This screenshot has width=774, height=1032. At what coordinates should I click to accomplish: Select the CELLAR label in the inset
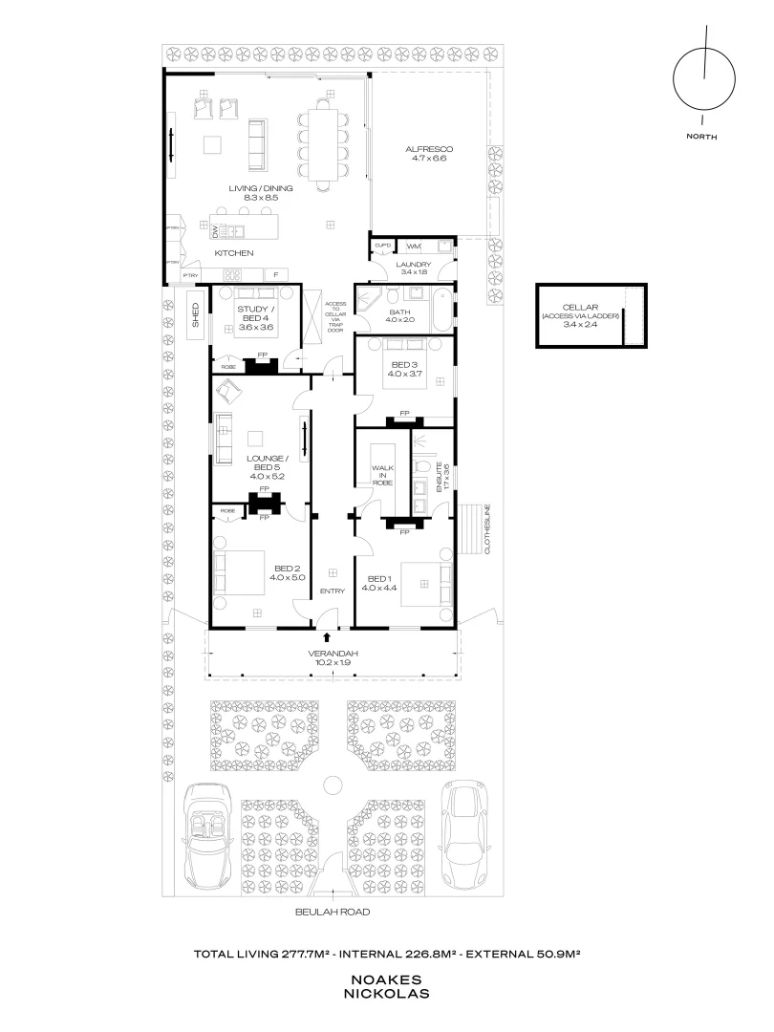(581, 306)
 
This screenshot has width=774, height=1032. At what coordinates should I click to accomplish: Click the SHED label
(195, 316)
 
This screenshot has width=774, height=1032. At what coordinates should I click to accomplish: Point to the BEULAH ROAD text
(333, 912)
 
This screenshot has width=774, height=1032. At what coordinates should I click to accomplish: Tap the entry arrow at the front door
(328, 636)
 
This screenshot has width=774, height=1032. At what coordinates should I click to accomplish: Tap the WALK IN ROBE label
(383, 475)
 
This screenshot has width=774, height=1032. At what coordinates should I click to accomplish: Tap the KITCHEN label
(233, 253)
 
